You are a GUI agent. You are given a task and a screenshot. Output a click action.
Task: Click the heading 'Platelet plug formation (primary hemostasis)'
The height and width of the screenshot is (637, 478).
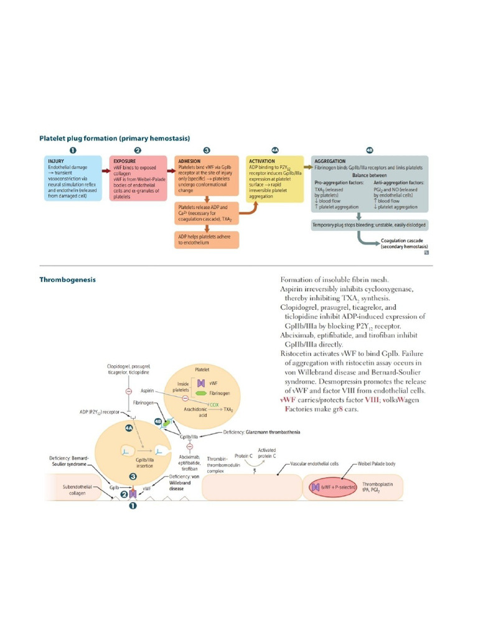click(x=115, y=137)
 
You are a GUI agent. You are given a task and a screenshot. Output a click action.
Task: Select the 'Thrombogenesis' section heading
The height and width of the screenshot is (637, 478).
click(x=68, y=280)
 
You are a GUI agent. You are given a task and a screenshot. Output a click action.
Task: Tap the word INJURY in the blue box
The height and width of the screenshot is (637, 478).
click(x=56, y=160)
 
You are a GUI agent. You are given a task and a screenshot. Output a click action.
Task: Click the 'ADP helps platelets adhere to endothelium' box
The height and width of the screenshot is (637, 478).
click(x=206, y=239)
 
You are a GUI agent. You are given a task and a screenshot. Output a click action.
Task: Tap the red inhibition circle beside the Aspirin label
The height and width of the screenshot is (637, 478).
click(x=163, y=391)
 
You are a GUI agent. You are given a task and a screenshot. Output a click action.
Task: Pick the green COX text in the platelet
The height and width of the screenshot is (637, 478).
click(x=213, y=404)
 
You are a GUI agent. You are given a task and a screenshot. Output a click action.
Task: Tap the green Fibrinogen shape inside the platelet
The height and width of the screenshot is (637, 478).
click(x=201, y=393)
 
